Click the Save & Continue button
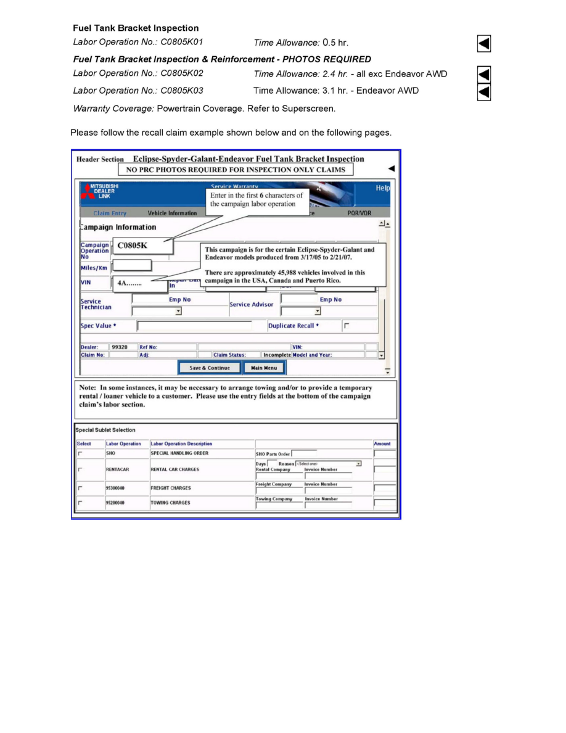point(209,368)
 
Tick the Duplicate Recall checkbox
point(346,325)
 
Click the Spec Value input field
point(194,326)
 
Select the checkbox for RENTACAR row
point(80,470)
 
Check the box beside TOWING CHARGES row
point(80,503)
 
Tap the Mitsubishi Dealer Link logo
point(100,191)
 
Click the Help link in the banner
point(382,188)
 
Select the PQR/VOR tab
point(359,213)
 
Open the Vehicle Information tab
point(172,213)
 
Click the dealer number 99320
point(119,347)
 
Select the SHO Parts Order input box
point(304,453)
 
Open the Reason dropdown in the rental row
point(328,463)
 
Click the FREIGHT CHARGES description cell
point(171,488)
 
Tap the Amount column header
point(382,444)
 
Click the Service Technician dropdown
point(157,311)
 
